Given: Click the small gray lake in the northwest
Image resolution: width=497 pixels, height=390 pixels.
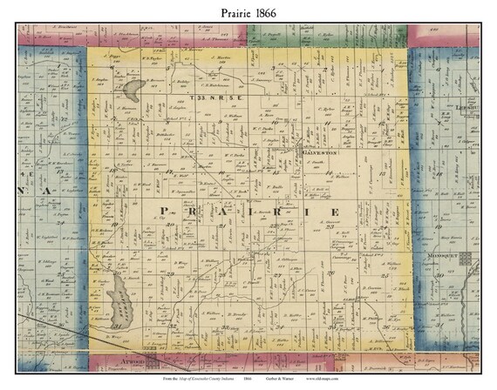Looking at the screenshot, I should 133,87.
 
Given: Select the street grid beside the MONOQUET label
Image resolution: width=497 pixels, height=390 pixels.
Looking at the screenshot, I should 466,259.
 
